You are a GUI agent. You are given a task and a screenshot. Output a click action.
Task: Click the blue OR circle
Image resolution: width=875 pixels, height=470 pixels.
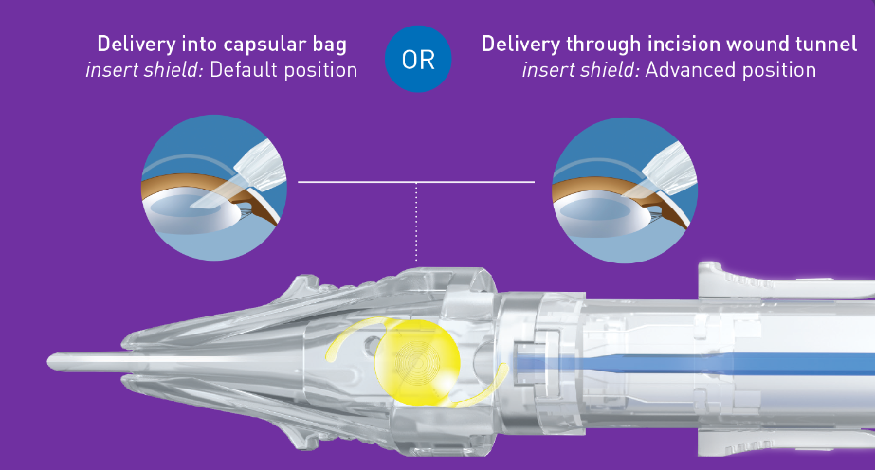(x=417, y=58)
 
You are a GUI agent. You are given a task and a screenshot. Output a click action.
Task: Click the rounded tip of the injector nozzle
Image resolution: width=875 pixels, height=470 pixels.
(x=55, y=361)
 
